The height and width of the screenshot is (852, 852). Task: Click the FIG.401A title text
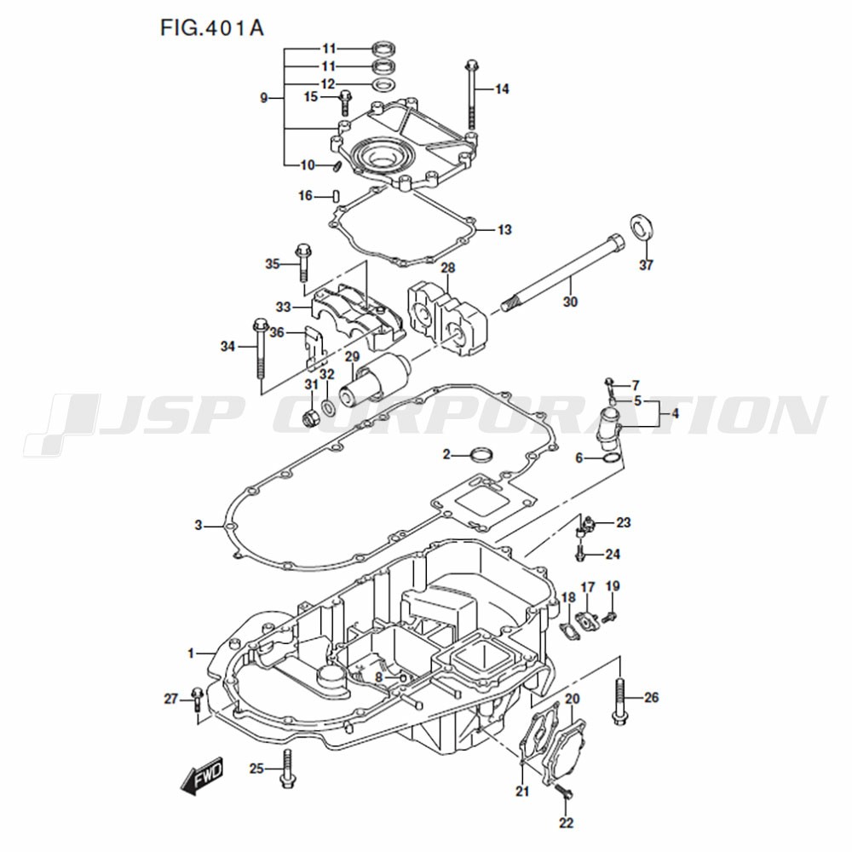click(212, 28)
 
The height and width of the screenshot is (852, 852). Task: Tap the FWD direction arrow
click(202, 775)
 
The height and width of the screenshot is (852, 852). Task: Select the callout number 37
click(646, 265)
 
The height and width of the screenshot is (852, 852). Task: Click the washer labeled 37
click(642, 227)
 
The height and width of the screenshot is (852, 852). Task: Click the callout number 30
click(570, 302)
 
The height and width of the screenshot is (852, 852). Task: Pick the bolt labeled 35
click(302, 263)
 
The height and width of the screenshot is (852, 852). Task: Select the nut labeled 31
click(310, 417)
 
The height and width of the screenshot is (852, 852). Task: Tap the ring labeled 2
click(482, 454)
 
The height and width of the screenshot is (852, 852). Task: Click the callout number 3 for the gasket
click(199, 526)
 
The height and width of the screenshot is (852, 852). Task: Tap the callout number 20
click(573, 699)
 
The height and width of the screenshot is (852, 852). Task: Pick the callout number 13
click(504, 230)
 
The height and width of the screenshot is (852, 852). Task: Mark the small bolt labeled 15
click(345, 103)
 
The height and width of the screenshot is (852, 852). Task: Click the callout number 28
click(448, 268)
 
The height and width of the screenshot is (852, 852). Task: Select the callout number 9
click(264, 98)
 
